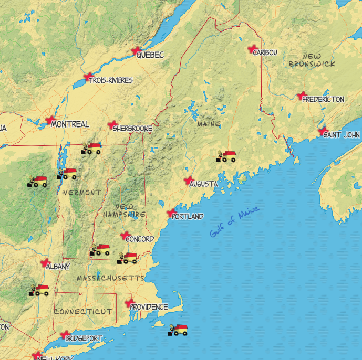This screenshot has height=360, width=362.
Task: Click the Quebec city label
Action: pos(150,55)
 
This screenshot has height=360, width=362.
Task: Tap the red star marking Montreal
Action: pos(49,120)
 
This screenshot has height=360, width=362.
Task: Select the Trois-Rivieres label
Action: pos(111,80)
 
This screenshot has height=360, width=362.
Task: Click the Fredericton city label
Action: pos(323,99)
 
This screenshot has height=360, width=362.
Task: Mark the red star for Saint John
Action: pos(323,131)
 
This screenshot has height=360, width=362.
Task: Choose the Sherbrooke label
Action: pos(132,128)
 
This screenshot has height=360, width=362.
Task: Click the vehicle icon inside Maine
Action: pos(226,156)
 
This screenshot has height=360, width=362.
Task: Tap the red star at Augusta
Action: pos(188,181)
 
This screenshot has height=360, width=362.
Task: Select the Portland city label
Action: pos(188,216)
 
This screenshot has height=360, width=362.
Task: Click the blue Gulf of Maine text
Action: pos(234,223)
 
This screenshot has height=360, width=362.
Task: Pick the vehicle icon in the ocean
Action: pos(178,330)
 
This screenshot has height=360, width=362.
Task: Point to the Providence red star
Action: pos(128,303)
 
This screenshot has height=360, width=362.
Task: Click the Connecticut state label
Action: pos(83,311)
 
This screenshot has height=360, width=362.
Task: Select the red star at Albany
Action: pos(45,262)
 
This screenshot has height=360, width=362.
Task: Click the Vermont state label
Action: pos(81,193)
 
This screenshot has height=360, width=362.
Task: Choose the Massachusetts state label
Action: pos(110,277)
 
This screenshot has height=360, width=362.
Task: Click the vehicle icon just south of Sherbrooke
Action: pos(92,149)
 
